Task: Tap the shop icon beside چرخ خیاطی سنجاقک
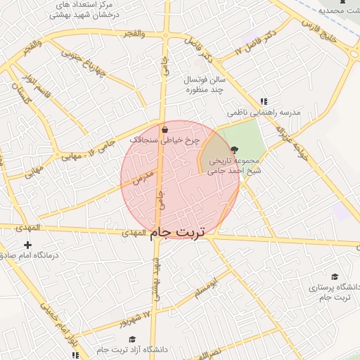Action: click(x=165, y=129)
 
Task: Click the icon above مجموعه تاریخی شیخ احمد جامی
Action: click(x=234, y=149)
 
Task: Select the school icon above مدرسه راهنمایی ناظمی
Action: click(x=264, y=101)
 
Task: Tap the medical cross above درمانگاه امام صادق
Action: click(x=27, y=245)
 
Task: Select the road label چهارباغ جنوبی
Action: click(x=83, y=63)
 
